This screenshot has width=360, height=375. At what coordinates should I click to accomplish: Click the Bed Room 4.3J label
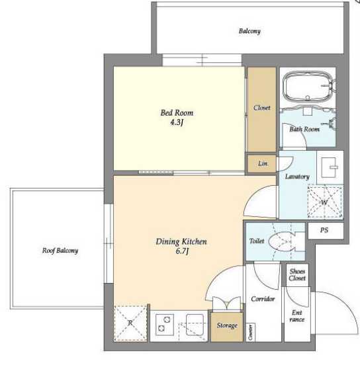(177, 117)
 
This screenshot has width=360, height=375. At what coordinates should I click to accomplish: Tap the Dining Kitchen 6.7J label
(181, 246)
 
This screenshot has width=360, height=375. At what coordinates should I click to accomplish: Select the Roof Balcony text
(60, 251)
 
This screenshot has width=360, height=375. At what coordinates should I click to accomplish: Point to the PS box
(326, 231)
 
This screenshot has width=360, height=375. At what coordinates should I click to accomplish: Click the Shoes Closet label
(297, 274)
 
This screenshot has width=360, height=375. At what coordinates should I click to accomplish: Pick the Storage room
(227, 326)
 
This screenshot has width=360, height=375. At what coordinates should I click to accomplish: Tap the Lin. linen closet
(261, 163)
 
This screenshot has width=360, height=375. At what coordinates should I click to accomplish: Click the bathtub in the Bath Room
(308, 87)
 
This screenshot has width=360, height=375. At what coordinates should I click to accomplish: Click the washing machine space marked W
(325, 202)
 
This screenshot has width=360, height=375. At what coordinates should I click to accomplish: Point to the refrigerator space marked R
(130, 323)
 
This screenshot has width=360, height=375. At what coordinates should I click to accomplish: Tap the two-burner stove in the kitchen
(165, 324)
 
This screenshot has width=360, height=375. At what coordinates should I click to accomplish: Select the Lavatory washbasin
(330, 167)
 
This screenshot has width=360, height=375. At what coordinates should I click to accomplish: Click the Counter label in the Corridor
(250, 332)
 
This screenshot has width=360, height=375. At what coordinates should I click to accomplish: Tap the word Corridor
(263, 299)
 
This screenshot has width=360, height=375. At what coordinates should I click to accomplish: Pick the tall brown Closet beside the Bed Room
(261, 110)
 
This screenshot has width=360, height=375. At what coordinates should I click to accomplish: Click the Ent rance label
(297, 315)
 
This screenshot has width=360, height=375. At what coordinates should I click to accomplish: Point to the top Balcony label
(249, 31)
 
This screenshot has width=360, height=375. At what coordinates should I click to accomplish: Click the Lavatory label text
(297, 177)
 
